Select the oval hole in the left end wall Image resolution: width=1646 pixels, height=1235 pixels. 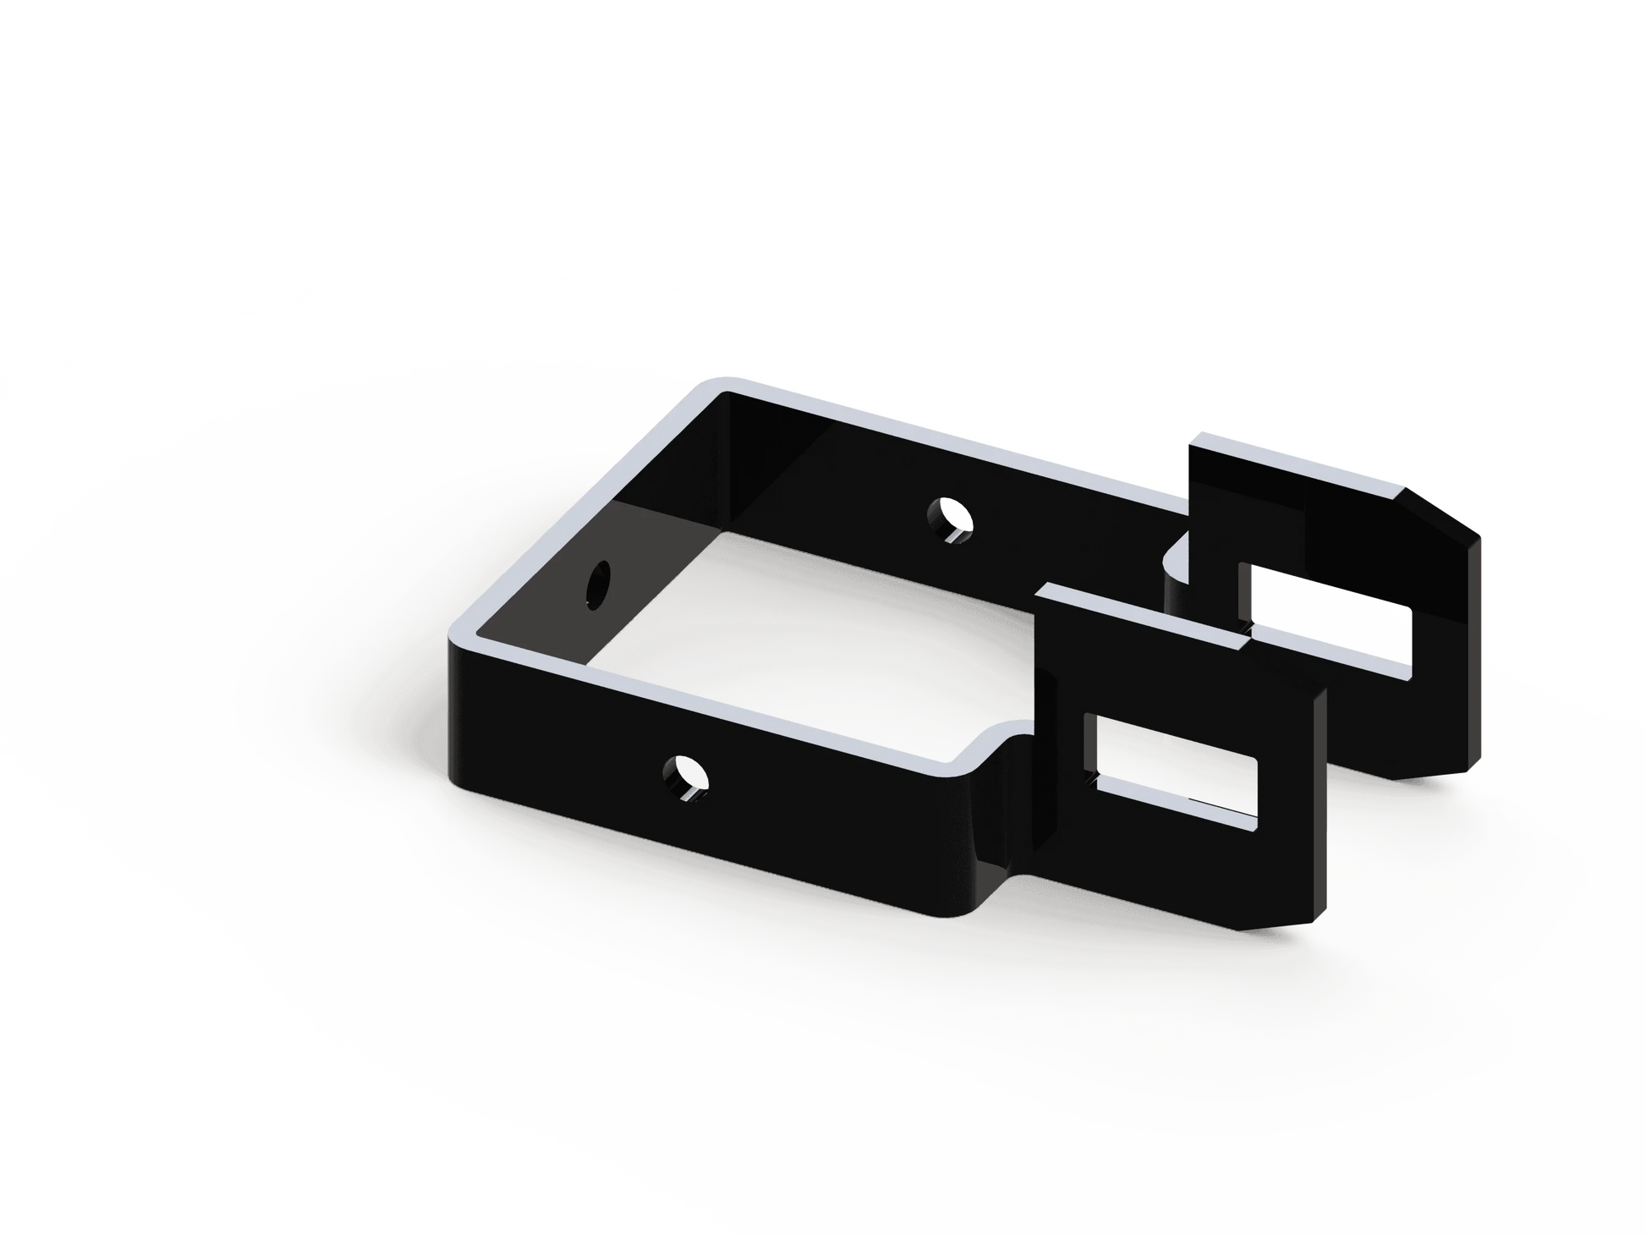[x=599, y=582]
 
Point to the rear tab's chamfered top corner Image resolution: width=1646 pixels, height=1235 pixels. [x=1445, y=508]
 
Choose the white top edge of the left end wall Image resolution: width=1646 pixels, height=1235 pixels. [x=584, y=508]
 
